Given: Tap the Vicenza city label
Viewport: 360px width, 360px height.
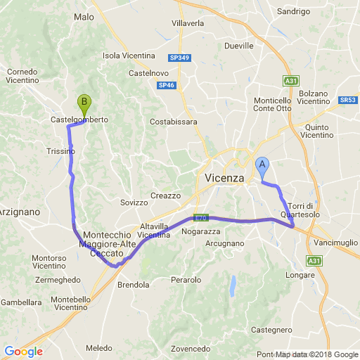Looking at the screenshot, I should [x=224, y=178].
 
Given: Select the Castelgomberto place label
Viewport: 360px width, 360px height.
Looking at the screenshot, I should [x=79, y=120].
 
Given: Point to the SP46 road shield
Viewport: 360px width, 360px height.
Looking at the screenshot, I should [x=166, y=85].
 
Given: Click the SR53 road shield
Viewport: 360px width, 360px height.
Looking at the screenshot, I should [x=347, y=101].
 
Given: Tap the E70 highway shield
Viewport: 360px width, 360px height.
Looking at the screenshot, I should [x=201, y=217].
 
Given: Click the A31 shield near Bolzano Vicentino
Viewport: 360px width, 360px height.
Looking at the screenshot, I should [x=290, y=81].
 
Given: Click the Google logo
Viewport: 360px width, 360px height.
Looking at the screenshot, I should [x=23, y=352].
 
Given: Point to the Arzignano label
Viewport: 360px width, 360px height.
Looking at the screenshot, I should [x=18, y=211].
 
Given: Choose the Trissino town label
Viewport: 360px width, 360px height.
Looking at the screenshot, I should [x=60, y=151].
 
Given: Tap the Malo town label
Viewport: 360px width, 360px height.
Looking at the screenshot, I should [x=84, y=17].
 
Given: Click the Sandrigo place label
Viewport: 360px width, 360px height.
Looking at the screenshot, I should [x=293, y=12].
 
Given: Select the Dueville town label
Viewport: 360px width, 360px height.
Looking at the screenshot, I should [x=238, y=45].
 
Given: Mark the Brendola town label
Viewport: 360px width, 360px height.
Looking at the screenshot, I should [x=134, y=285].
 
